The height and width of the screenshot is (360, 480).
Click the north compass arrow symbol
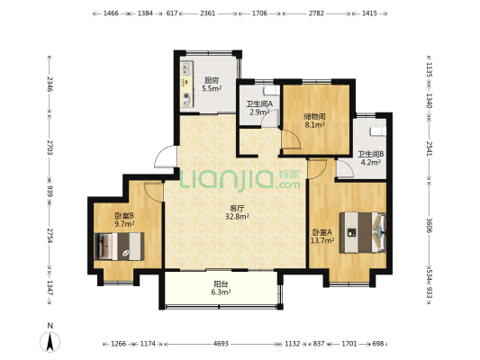(50, 341)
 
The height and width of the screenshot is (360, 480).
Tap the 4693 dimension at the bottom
(221, 344)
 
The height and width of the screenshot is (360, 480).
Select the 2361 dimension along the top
(207, 13)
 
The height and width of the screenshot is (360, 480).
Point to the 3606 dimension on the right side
(430, 225)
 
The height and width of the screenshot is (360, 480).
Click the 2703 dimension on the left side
(50, 148)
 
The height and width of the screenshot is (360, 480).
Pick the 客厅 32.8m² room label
(237, 212)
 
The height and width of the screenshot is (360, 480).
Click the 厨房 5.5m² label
(212, 85)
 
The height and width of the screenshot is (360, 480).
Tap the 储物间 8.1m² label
(314, 121)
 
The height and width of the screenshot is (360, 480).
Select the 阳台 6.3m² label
(221, 288)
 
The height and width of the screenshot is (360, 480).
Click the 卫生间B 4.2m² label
(371, 158)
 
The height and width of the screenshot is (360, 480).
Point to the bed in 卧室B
(119, 247)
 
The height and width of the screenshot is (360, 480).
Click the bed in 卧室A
(363, 232)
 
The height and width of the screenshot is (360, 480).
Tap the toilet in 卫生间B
(377, 130)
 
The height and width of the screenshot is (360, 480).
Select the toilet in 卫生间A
(271, 91)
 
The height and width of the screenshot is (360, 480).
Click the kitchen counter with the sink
(186, 85)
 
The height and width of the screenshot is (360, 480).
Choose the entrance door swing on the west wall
(166, 157)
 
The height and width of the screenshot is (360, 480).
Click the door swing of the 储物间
(291, 139)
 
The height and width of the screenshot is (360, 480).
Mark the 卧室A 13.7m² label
(322, 237)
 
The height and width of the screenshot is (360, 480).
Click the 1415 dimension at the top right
(369, 13)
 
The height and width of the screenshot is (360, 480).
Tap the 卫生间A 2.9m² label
(259, 108)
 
